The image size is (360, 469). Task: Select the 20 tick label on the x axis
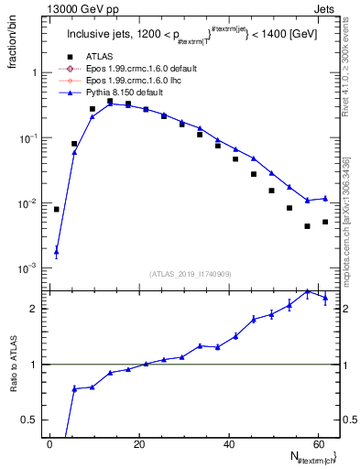(139, 443)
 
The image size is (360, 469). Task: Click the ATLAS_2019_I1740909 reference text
(190, 273)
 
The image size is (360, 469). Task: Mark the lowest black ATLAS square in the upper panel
(308, 226)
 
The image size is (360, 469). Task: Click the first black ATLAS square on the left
(57, 209)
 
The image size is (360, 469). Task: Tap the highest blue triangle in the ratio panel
(308, 291)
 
